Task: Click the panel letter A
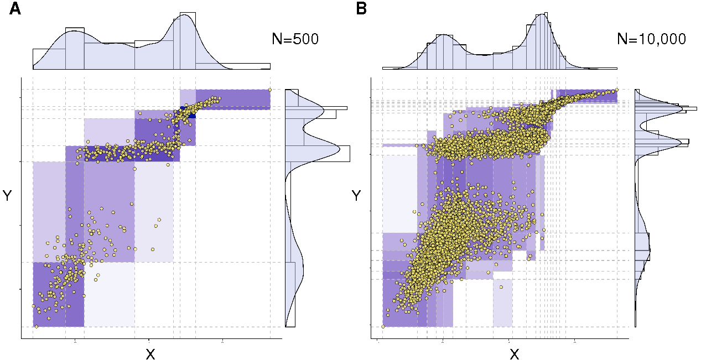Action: coord(15,9)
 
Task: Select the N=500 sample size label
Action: coord(295,39)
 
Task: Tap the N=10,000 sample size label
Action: coord(651,39)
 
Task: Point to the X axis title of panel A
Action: coord(150,354)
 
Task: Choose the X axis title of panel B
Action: coord(514,354)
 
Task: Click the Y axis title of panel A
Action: coord(8,196)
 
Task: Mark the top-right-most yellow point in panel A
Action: coord(269,89)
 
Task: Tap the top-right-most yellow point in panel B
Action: coord(617,90)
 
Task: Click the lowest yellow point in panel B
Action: coord(383,327)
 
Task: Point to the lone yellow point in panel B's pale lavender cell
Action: coord(501,287)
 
